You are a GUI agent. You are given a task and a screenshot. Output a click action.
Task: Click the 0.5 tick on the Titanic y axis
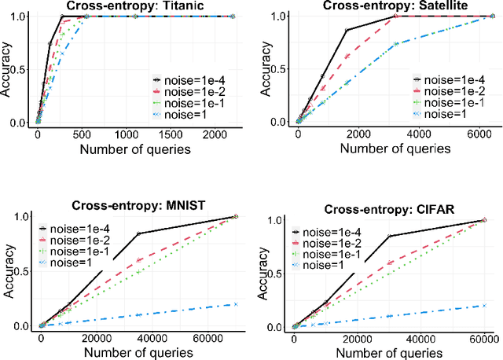pos(24,69)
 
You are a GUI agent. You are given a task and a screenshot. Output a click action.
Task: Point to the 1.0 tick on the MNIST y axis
pos(24,217)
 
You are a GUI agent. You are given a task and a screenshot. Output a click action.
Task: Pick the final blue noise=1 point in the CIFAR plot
pos(483,306)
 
